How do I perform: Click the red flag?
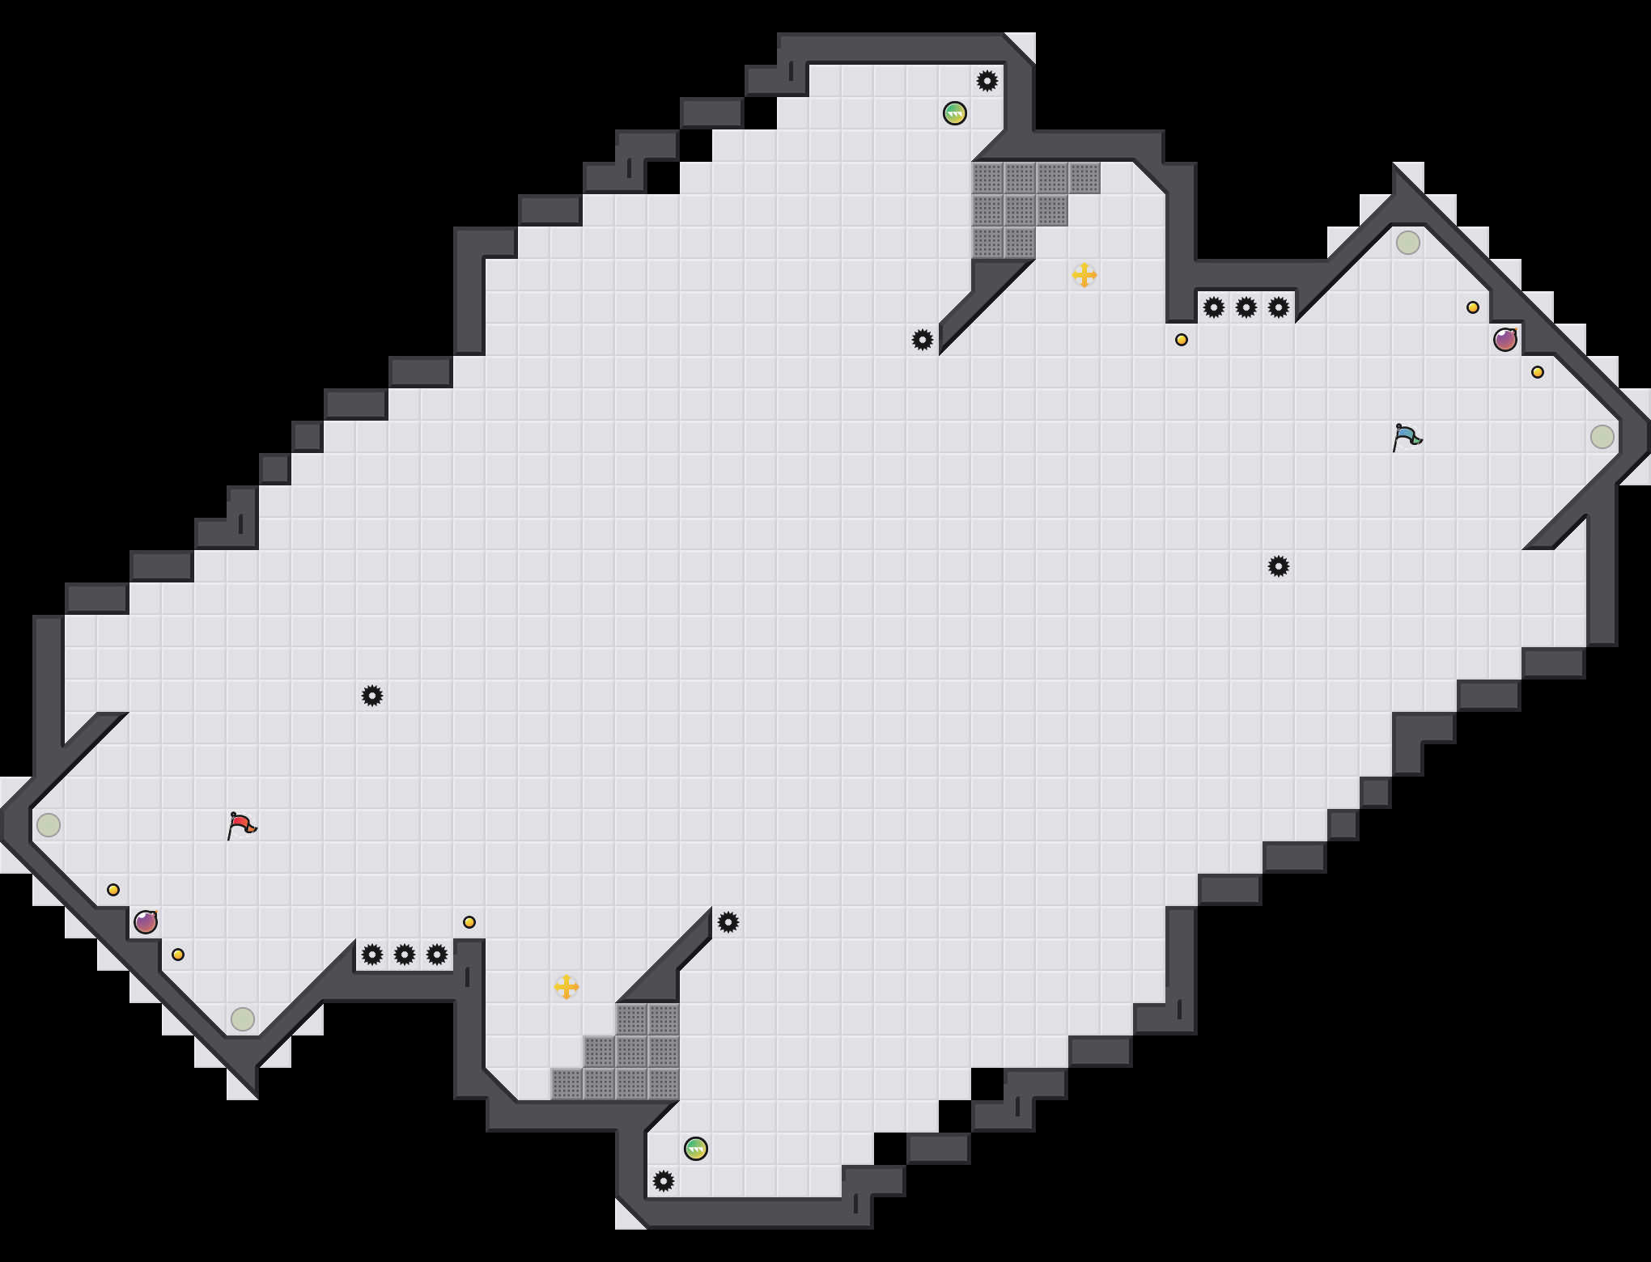click(x=241, y=825)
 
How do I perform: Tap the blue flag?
click(x=1407, y=437)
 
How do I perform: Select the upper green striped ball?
click(x=955, y=113)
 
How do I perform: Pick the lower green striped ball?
click(x=696, y=1149)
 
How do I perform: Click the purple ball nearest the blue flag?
click(x=1505, y=340)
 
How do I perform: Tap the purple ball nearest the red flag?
click(x=146, y=922)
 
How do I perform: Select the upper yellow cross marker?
click(x=1084, y=275)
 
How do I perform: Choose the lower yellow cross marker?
click(x=567, y=987)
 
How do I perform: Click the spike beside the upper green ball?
click(x=987, y=81)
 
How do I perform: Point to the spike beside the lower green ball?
click(x=664, y=1181)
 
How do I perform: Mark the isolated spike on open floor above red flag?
click(x=372, y=696)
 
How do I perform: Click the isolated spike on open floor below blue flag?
click(x=1279, y=566)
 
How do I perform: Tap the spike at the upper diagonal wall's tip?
click(x=923, y=340)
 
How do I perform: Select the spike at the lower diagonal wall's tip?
click(x=728, y=922)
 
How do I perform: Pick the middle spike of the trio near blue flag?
click(x=1246, y=307)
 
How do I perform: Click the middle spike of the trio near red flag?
click(x=405, y=955)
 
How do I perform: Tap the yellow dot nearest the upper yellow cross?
click(x=1182, y=340)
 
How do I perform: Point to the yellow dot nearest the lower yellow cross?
click(x=469, y=922)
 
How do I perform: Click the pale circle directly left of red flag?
click(x=49, y=825)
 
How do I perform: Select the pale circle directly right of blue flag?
click(x=1602, y=437)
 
